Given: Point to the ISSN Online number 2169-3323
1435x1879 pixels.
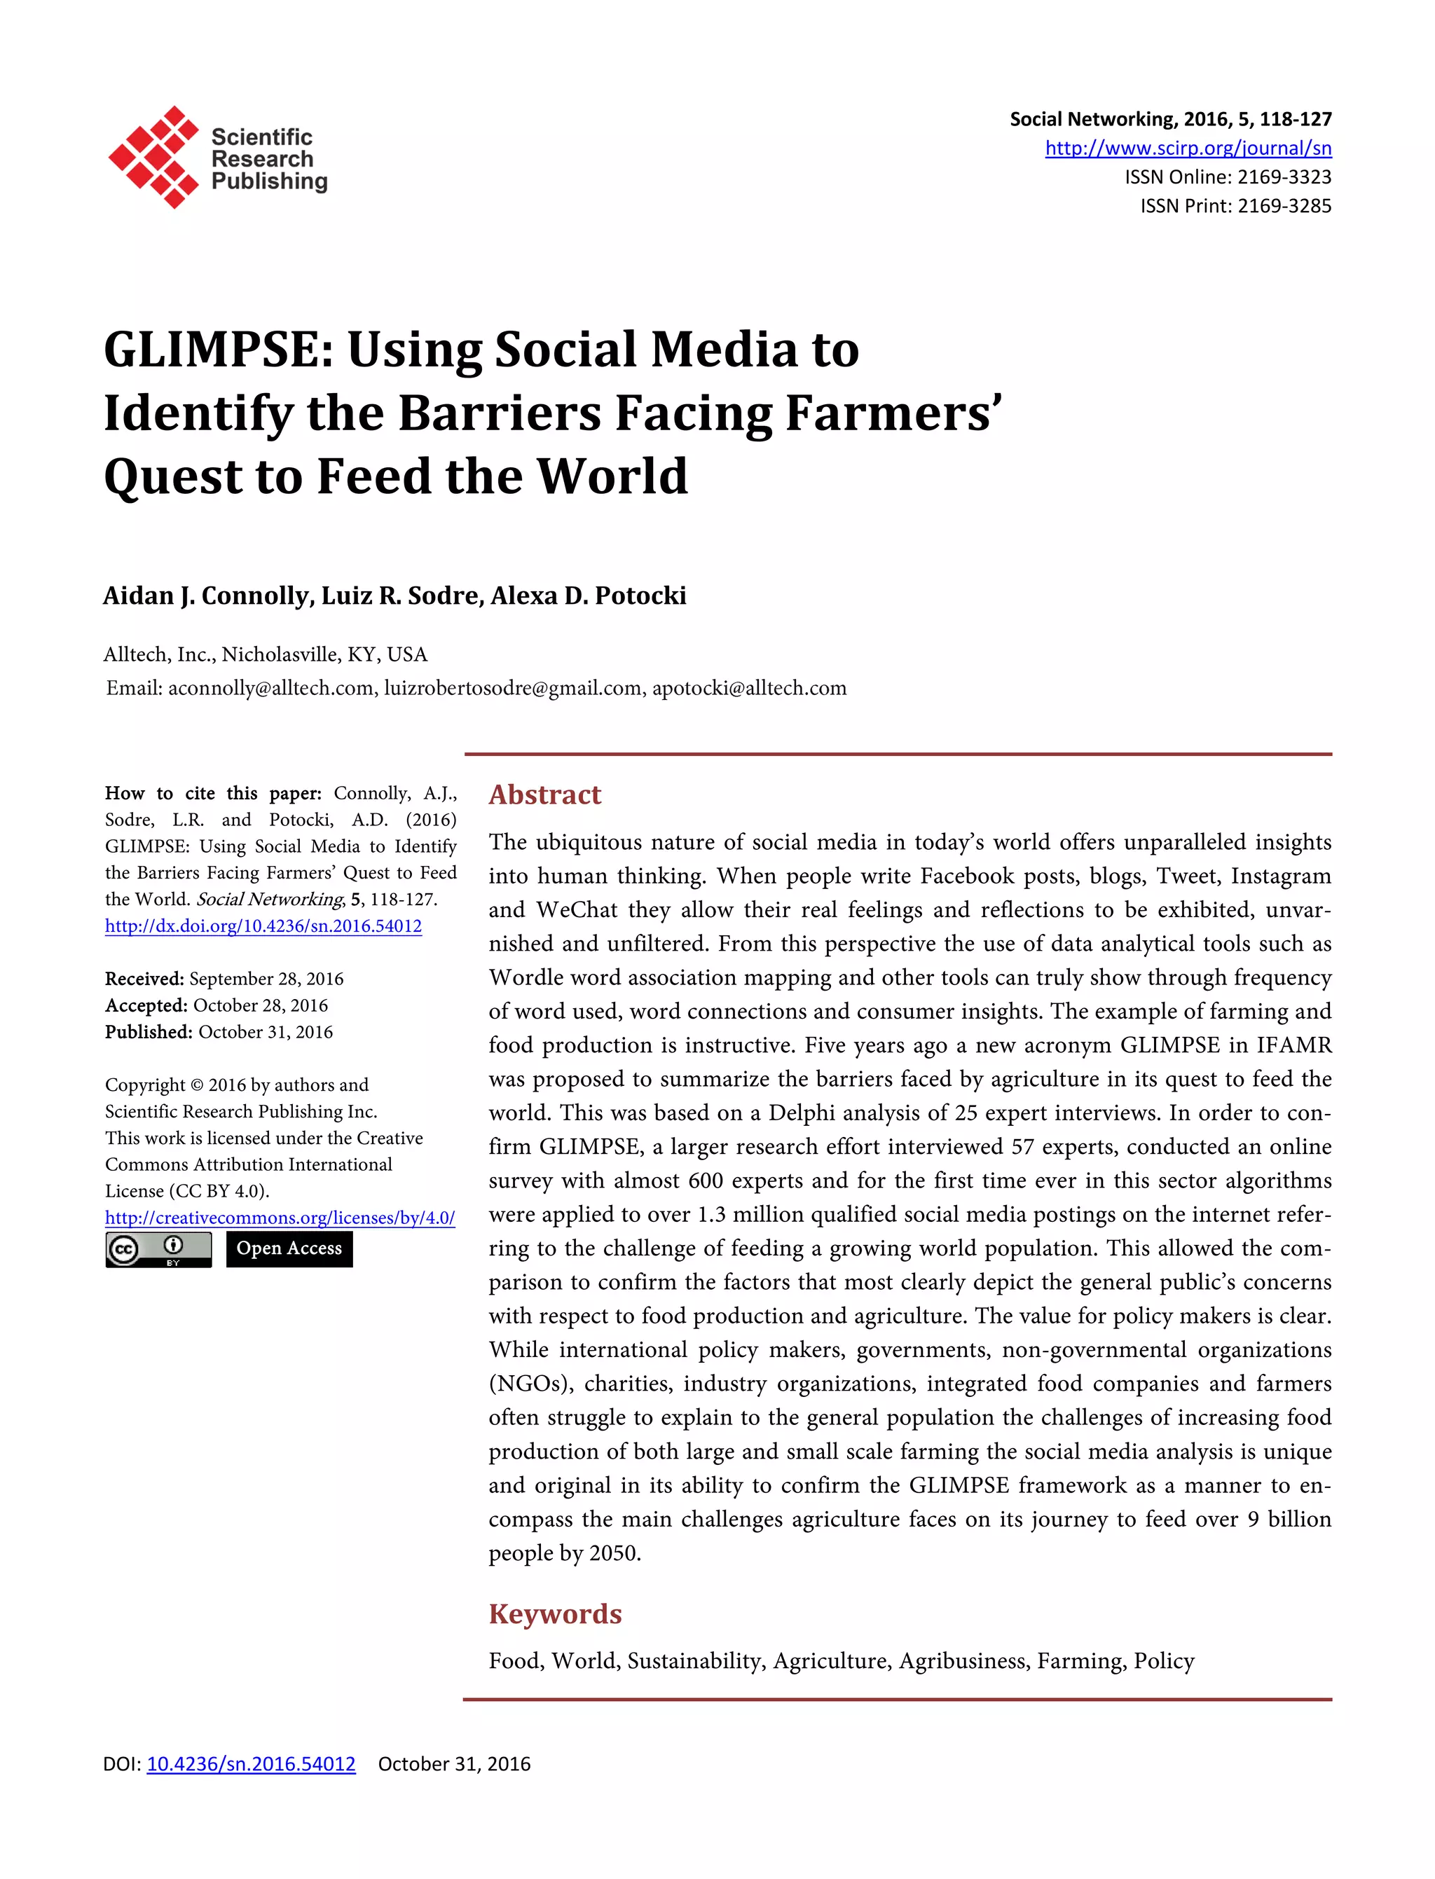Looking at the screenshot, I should (1284, 177).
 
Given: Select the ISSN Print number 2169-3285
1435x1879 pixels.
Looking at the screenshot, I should (1284, 206).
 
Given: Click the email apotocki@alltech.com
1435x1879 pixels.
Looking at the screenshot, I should (749, 689).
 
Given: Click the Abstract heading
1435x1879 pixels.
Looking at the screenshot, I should (544, 794).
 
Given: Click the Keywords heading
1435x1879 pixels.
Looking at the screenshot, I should (554, 1613).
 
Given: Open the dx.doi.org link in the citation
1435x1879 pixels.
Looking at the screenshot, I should (263, 925).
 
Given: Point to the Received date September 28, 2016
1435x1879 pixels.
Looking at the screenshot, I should (266, 979).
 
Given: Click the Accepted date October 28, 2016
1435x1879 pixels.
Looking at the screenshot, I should (260, 1005).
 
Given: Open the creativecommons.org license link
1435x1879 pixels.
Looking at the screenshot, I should (280, 1218).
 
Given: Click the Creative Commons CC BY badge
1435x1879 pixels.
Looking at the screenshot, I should (158, 1250).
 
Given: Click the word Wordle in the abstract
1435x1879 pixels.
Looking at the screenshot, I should (526, 977).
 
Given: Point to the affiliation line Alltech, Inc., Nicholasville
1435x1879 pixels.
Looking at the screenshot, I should (265, 654).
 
